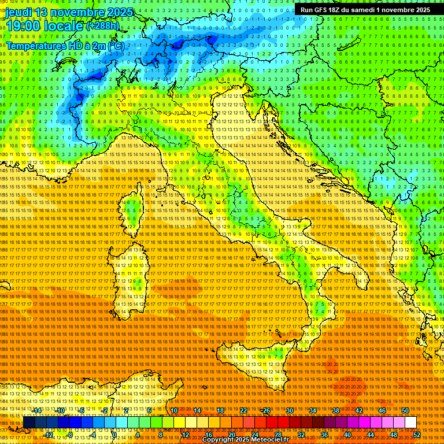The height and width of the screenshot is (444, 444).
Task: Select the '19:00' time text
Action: [23, 26]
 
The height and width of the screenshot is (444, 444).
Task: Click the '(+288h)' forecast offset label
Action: [102, 26]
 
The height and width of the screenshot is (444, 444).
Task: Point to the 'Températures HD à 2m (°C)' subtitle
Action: [65, 46]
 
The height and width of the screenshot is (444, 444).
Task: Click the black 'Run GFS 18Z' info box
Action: [365, 10]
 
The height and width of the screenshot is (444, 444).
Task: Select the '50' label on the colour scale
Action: [405, 410]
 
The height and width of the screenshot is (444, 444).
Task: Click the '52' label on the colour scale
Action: [417, 434]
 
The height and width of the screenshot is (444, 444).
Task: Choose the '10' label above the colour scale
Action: [173, 410]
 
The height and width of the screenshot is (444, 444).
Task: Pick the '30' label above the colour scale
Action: [289, 410]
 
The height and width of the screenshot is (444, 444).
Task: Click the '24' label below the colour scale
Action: [254, 434]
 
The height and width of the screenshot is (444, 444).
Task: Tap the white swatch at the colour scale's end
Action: [410, 423]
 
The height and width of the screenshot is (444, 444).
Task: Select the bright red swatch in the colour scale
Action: [272, 423]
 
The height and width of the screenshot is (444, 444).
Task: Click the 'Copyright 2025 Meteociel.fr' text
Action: [245, 440]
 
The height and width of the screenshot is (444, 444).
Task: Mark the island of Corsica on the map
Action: [134, 212]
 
